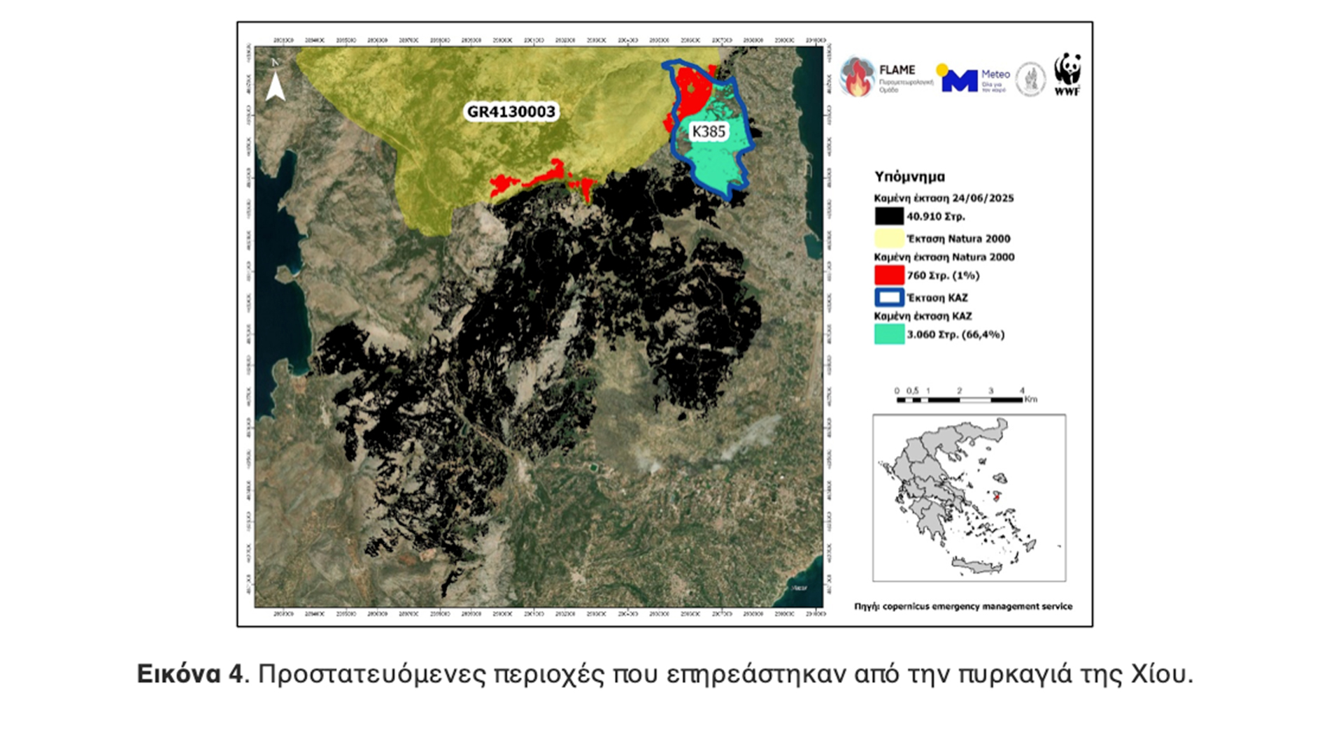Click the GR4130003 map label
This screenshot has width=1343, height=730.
tap(511, 112)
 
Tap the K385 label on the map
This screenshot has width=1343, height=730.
tap(709, 131)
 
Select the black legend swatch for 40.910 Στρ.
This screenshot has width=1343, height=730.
tap(888, 216)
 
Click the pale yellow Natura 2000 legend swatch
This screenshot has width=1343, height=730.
tap(888, 238)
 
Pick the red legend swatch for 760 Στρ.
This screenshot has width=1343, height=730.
tap(888, 275)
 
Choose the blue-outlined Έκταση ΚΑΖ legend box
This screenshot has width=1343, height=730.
tap(888, 297)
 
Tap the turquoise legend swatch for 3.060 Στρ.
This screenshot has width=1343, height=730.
tap(888, 334)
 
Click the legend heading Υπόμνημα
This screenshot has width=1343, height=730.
tap(909, 177)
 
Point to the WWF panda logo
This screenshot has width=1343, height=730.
tap(1067, 73)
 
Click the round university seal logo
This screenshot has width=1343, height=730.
tap(1030, 78)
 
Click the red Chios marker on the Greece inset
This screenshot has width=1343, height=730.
tap(997, 497)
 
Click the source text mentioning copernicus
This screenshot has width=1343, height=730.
tap(963, 606)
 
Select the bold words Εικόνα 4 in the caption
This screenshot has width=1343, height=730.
tap(190, 674)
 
